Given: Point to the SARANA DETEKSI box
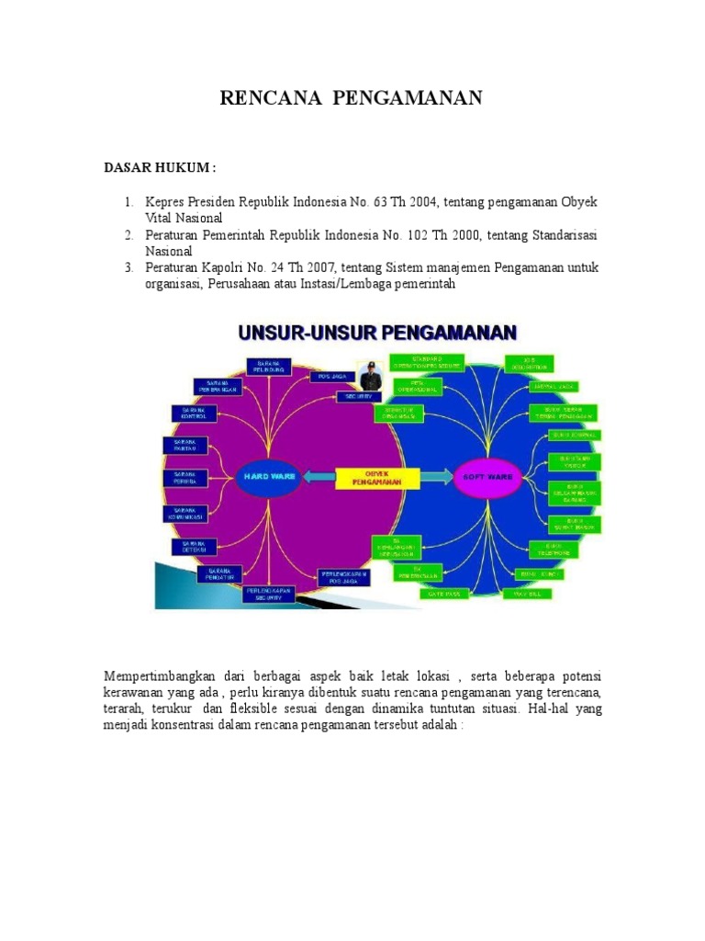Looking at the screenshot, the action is tap(194, 547).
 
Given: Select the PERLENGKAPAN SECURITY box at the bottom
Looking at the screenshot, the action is tap(268, 594).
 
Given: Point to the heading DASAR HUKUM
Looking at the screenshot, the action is tap(159, 168).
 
